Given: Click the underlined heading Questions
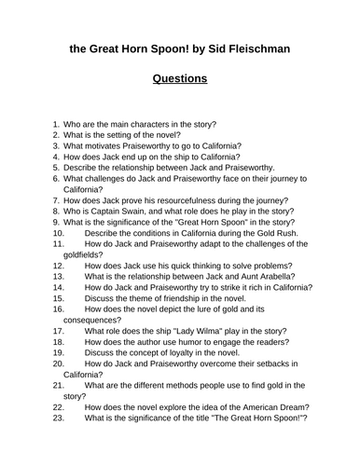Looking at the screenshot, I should tap(180, 78).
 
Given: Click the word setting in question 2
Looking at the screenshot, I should tap(131, 135).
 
